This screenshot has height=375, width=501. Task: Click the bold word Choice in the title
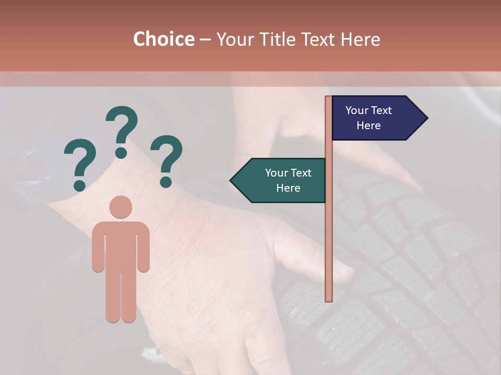coord(163,39)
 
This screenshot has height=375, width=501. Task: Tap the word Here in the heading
coord(360,39)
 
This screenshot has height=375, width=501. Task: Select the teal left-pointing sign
coord(282,180)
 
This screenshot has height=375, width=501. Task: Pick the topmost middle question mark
coord(122,130)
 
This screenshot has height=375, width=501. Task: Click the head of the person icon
coord(121,207)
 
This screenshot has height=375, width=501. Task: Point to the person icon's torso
coord(121,245)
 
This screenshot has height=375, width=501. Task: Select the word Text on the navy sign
coord(381,110)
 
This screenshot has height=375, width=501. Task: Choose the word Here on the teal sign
coord(288,188)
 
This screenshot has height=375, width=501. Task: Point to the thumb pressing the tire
coord(334,268)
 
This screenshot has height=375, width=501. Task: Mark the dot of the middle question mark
coord(122,152)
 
